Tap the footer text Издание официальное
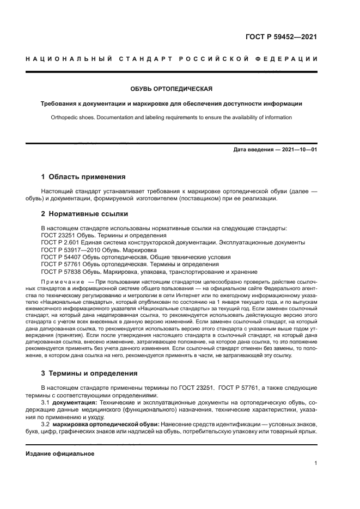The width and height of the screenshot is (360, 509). click(x=60, y=453)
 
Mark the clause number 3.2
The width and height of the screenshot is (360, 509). click(x=46, y=424)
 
